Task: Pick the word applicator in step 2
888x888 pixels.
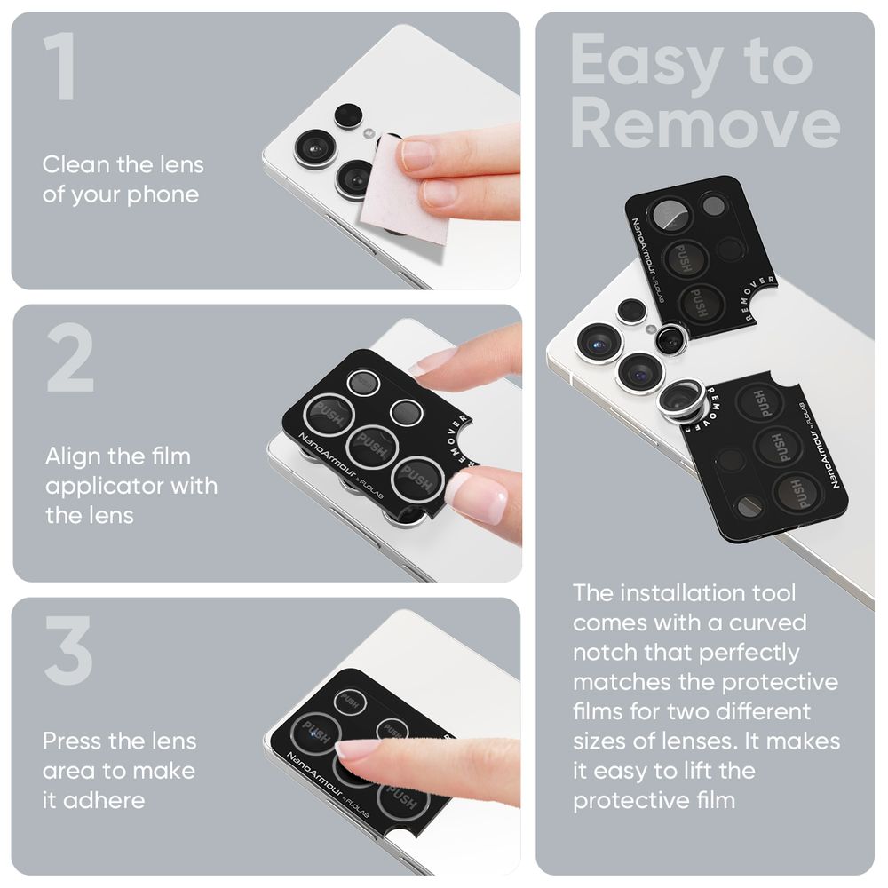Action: coord(96,486)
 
